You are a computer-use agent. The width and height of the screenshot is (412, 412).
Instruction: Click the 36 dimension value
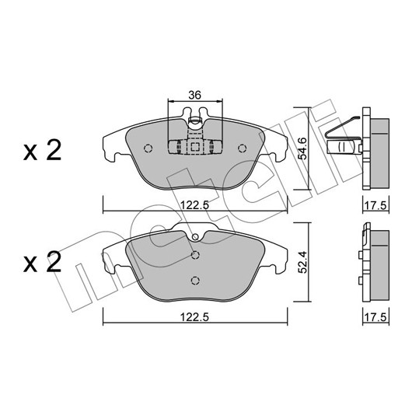(194, 95)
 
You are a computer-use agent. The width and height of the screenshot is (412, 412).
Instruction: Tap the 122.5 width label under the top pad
(194, 204)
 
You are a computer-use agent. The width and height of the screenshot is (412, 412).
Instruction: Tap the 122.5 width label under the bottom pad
(194, 317)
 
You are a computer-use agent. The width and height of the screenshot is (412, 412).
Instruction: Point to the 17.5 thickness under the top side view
(375, 205)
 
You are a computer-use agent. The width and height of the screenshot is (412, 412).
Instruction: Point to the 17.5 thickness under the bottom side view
(375, 318)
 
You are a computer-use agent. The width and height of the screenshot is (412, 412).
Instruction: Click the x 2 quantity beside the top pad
(42, 150)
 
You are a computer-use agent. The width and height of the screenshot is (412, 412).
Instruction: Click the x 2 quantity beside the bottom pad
(42, 262)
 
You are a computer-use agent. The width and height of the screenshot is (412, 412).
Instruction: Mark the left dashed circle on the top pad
(148, 148)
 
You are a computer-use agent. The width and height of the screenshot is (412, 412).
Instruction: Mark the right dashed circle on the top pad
(242, 148)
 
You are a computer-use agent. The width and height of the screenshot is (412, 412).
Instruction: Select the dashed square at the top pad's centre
(194, 147)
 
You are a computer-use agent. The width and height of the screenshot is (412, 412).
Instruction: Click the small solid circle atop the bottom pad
(195, 237)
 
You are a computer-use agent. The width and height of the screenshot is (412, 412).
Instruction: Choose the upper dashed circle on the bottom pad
(195, 255)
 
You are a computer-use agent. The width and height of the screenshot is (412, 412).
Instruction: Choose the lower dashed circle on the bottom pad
(195, 281)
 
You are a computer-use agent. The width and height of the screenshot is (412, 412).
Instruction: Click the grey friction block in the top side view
(380, 153)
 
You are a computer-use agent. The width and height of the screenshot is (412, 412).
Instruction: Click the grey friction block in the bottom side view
(380, 265)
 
